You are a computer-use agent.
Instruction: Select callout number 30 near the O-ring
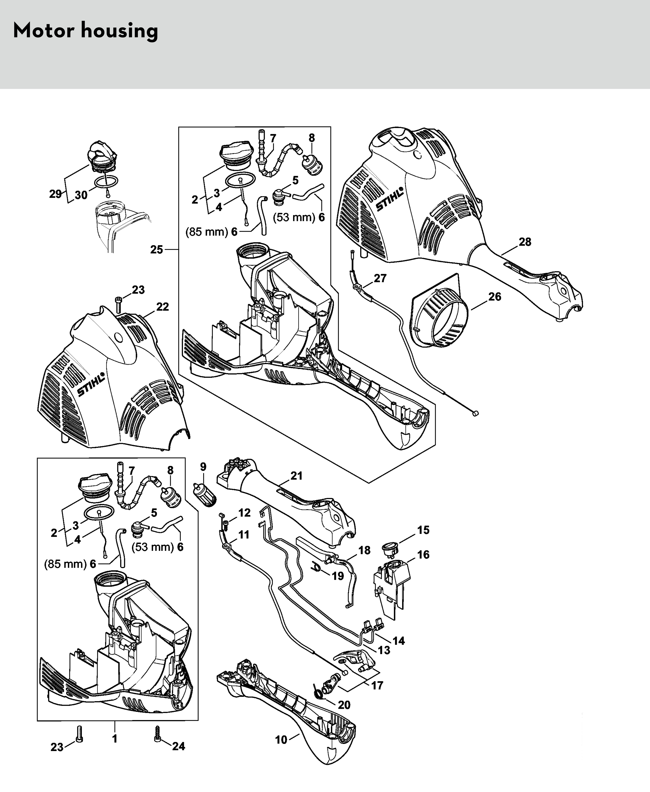[x=81, y=195]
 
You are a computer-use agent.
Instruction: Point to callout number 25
[x=157, y=249]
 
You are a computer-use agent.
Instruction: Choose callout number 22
[x=163, y=307]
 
